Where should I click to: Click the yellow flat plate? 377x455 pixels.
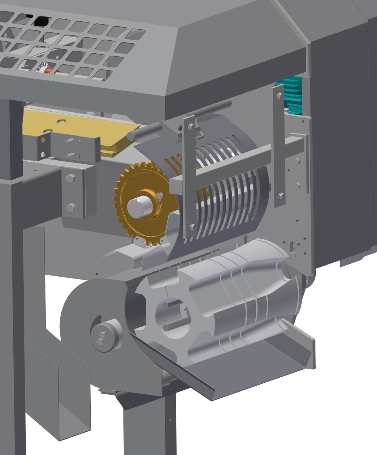[76, 127]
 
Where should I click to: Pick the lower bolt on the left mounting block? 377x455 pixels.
[71, 208]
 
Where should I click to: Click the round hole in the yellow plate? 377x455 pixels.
[62, 121]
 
